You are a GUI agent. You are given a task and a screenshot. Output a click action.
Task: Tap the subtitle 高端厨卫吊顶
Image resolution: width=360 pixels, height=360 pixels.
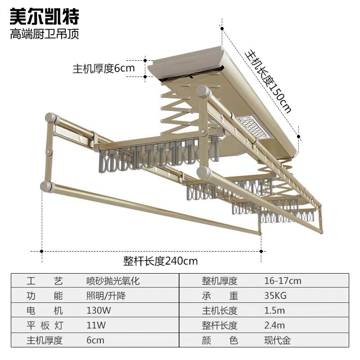45,34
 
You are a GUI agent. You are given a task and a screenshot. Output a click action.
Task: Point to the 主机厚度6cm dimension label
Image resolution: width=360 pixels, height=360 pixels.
104,68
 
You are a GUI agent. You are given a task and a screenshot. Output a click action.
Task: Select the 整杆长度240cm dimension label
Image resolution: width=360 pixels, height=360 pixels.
161,261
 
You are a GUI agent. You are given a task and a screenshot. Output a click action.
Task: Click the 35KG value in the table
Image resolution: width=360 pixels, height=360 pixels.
275,296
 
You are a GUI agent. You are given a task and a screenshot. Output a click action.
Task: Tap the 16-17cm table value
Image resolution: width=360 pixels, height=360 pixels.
283,281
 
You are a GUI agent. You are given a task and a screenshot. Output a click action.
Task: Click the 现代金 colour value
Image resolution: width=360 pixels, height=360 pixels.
277,340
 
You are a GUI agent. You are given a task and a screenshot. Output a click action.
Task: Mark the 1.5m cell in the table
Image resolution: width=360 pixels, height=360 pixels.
274,310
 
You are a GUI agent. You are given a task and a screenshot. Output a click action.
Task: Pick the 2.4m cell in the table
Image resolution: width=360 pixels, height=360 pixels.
274,325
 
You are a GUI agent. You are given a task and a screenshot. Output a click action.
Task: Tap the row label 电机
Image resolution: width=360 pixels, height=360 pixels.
45,310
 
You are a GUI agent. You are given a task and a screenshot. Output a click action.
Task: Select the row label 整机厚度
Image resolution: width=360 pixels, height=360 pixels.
219,281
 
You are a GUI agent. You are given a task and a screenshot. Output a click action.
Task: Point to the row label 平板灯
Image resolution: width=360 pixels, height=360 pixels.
45,325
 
